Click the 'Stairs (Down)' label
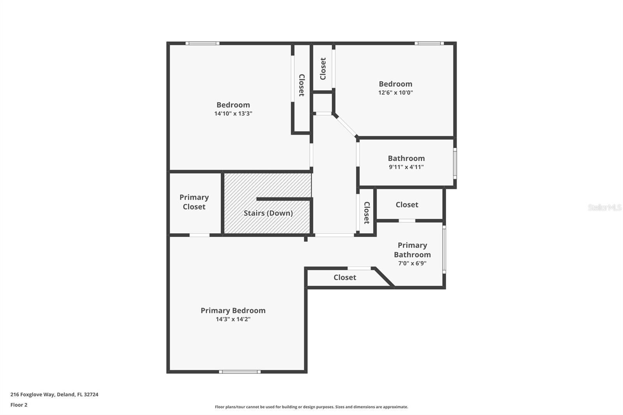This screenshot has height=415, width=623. click(x=268, y=213)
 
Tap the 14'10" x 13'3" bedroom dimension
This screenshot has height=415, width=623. click(x=233, y=114)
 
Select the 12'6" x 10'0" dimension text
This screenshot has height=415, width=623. click(x=395, y=93)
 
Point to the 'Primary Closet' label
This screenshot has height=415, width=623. click(x=194, y=202)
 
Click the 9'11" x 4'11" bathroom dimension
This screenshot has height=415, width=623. click(x=406, y=167)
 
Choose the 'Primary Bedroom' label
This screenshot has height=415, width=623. click(x=233, y=310)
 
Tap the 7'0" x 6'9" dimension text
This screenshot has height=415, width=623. click(x=412, y=263)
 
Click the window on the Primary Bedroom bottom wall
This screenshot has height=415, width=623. click(x=239, y=372)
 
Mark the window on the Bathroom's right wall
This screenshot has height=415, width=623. click(x=455, y=163)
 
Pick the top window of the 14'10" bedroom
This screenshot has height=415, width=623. click(x=202, y=43)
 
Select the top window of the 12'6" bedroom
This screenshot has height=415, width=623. click(x=429, y=43)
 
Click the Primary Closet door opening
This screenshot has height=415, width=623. click(x=199, y=235)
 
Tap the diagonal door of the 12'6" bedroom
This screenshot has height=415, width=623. click(x=345, y=125)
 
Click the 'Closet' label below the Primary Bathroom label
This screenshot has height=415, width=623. click(x=345, y=278)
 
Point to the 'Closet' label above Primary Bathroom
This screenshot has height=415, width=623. click(x=407, y=205)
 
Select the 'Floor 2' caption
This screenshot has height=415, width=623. click(x=19, y=405)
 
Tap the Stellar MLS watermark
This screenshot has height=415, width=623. click(x=604, y=207)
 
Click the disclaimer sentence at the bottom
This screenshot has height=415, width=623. click(x=311, y=407)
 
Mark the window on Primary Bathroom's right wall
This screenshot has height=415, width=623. click(x=444, y=249)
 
